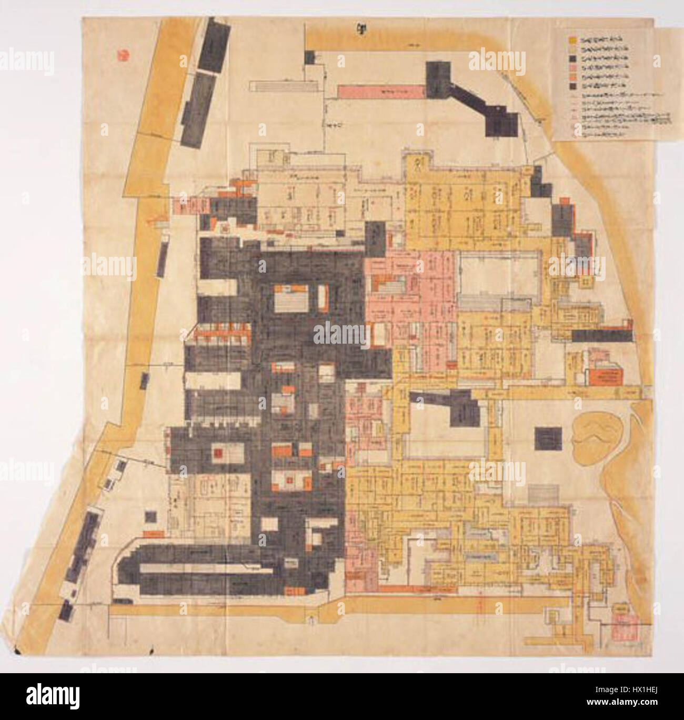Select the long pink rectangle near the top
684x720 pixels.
click(381, 91)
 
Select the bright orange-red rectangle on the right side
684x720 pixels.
click(606, 376)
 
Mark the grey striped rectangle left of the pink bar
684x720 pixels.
click(285, 86)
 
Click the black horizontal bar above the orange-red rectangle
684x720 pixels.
click(601, 336)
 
